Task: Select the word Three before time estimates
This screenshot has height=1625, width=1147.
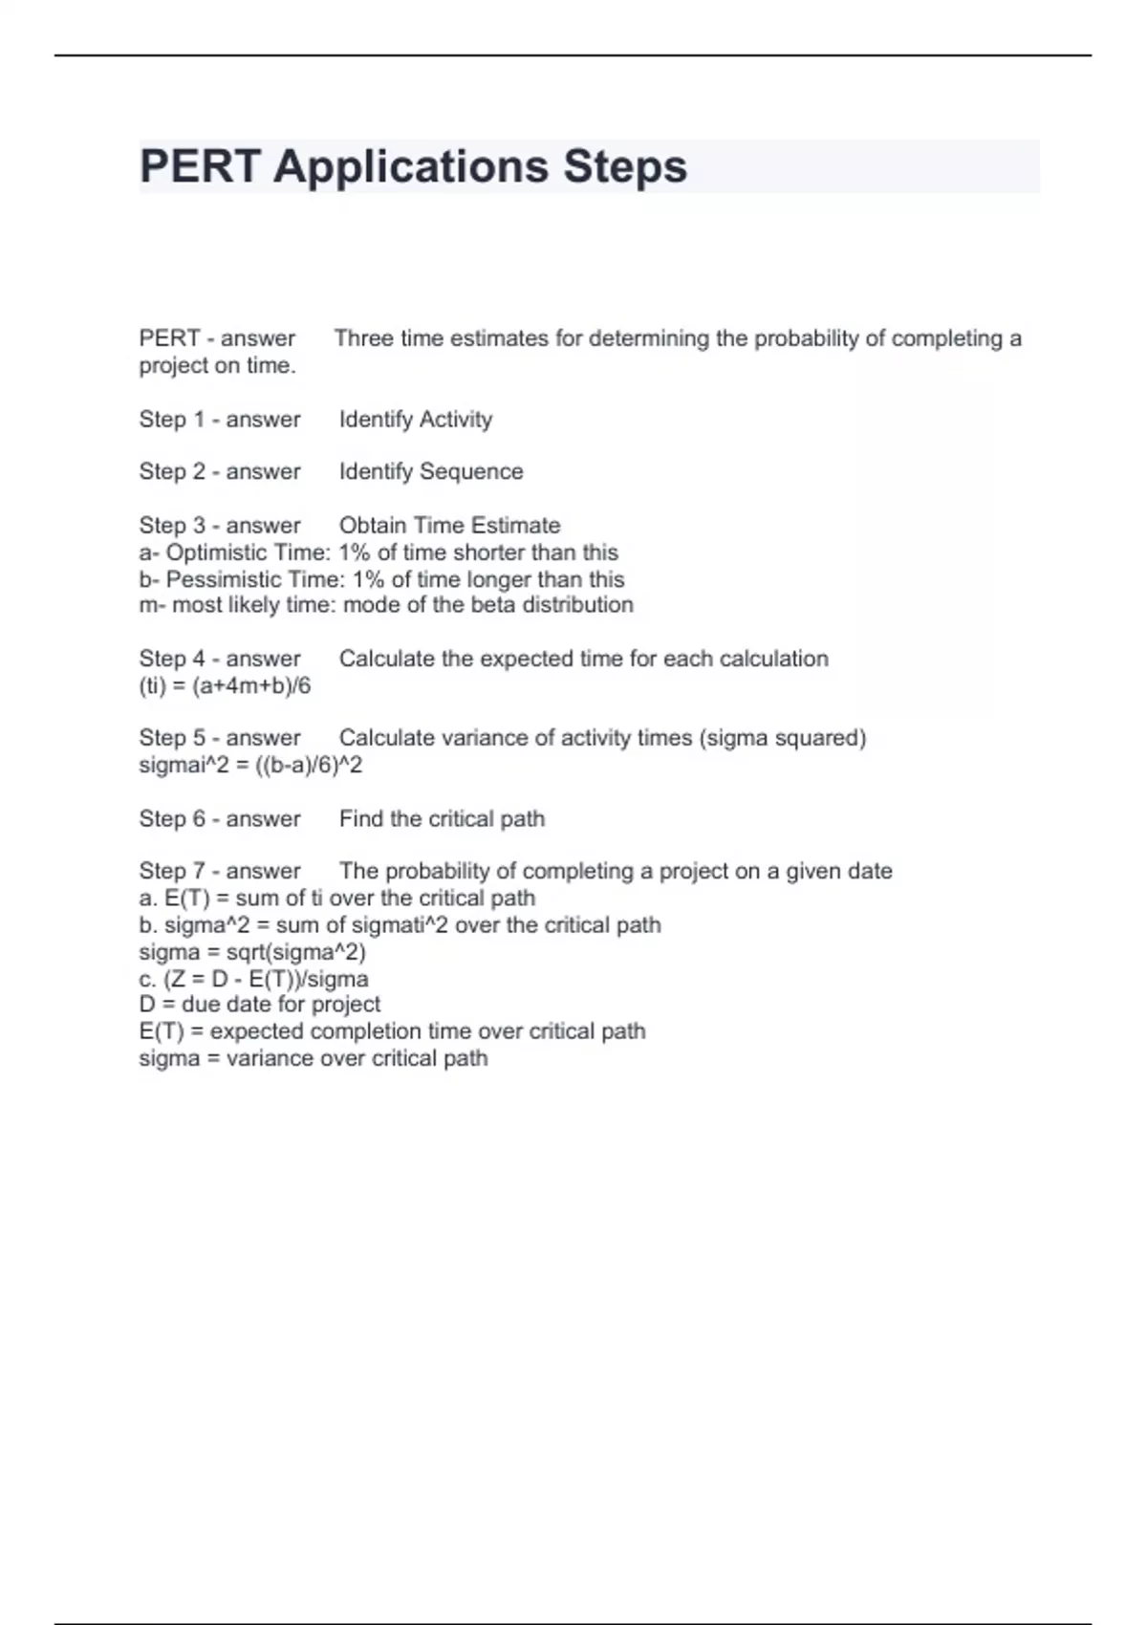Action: [364, 338]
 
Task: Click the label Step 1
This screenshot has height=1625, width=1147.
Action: [172, 420]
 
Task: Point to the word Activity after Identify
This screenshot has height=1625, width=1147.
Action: [456, 420]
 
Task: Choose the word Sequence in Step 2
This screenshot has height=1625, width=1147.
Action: [471, 471]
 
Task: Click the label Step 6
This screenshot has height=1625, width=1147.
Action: [172, 819]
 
